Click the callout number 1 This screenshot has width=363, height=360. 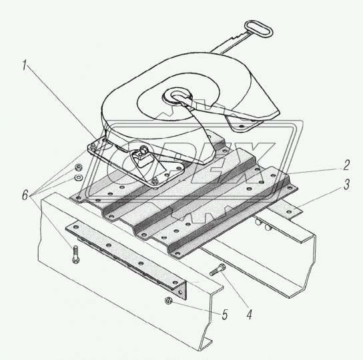point(25,65)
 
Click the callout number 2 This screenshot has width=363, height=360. point(346,165)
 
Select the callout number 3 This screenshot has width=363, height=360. point(346,185)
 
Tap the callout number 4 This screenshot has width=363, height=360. point(249,315)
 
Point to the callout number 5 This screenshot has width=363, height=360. point(225,315)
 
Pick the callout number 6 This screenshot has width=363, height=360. point(25,195)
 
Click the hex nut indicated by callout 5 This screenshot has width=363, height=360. point(167,301)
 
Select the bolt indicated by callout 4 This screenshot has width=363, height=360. point(218,270)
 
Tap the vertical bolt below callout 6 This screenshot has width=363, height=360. point(75,254)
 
